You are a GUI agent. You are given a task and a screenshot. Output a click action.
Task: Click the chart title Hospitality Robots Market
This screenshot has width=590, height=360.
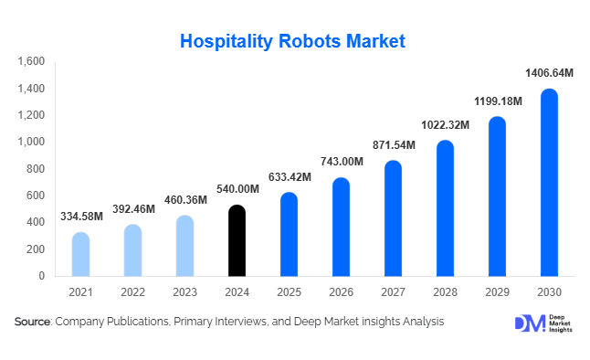coord(292,41)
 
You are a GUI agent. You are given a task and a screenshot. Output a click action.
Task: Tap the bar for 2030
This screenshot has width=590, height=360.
coord(549,182)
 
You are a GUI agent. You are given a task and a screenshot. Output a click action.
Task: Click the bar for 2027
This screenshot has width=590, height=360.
coord(393,218)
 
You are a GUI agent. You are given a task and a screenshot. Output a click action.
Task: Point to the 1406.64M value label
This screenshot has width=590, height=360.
coord(548,72)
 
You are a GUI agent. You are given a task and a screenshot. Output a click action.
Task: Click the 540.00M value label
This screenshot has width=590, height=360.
coord(237,188)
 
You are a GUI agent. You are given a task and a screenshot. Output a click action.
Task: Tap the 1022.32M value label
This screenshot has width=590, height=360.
coord(445,124)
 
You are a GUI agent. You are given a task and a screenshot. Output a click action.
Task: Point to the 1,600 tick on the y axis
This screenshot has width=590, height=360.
coord(31,61)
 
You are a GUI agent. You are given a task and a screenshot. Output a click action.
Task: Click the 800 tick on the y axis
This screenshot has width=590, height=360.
coord(36,168)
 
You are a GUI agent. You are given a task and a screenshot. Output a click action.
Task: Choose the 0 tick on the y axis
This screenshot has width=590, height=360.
coord(41,275)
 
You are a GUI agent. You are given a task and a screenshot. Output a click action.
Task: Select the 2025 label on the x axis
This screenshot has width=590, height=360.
coord(289,291)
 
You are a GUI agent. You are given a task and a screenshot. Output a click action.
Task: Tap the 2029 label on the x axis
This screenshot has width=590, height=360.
coord(497,291)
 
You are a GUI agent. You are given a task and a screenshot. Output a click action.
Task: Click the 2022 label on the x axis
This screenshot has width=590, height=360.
coord(132,291)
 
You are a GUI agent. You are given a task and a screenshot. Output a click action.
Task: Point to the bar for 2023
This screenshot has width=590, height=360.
coord(184,246)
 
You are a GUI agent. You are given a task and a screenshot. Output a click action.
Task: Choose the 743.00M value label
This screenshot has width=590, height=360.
coord(342,162)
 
